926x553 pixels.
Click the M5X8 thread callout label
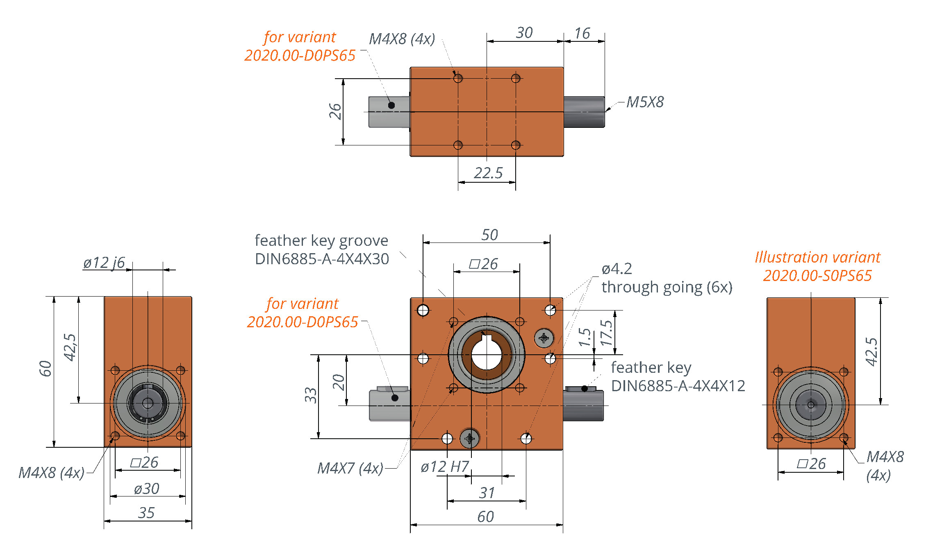[645, 102]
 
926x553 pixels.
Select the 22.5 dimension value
[488, 173]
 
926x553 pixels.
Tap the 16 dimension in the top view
[582, 33]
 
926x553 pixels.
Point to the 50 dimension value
[489, 235]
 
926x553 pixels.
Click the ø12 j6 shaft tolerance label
[104, 263]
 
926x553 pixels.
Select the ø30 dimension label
[147, 489]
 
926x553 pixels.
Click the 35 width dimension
[146, 513]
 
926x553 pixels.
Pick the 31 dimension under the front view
[487, 493]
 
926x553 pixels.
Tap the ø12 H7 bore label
[445, 467]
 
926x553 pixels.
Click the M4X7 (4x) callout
[350, 468]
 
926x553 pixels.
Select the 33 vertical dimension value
[311, 395]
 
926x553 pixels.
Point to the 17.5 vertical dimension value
[606, 333]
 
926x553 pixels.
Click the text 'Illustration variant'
[817, 257]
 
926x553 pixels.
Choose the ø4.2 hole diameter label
[617, 269]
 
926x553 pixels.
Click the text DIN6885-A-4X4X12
[678, 386]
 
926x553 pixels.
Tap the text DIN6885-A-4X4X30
[322, 259]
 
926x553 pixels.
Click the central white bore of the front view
[487, 355]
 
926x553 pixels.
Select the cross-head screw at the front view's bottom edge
[470, 439]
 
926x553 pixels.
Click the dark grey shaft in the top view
[584, 112]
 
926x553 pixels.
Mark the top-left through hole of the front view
[423, 310]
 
